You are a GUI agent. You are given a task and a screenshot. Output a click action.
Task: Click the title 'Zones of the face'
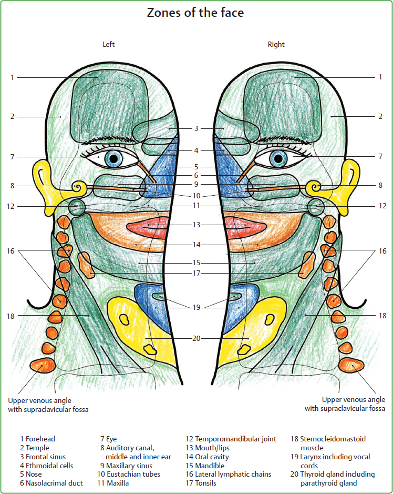point(196,13)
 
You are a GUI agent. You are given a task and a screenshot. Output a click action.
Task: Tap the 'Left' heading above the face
point(108,44)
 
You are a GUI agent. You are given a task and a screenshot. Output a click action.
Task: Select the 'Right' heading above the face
point(276,44)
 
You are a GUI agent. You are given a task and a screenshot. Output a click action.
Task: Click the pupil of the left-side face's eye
point(112,158)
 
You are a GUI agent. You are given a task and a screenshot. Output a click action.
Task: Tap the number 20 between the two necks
point(196,338)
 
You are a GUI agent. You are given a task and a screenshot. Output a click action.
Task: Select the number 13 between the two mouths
point(196,225)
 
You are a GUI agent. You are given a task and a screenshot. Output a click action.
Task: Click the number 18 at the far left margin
point(12,316)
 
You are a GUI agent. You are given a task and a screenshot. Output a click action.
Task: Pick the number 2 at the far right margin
point(380,116)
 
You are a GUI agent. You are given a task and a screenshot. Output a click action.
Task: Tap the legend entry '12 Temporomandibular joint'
point(231,439)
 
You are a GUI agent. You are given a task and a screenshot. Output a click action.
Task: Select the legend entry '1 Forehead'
point(37,439)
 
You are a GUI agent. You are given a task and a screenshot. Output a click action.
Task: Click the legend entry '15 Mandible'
point(205,466)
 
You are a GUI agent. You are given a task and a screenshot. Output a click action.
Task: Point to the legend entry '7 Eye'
point(108,439)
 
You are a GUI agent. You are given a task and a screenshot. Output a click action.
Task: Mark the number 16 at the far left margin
point(12,251)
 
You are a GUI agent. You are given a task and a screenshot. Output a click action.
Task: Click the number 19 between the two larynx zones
point(196,307)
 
